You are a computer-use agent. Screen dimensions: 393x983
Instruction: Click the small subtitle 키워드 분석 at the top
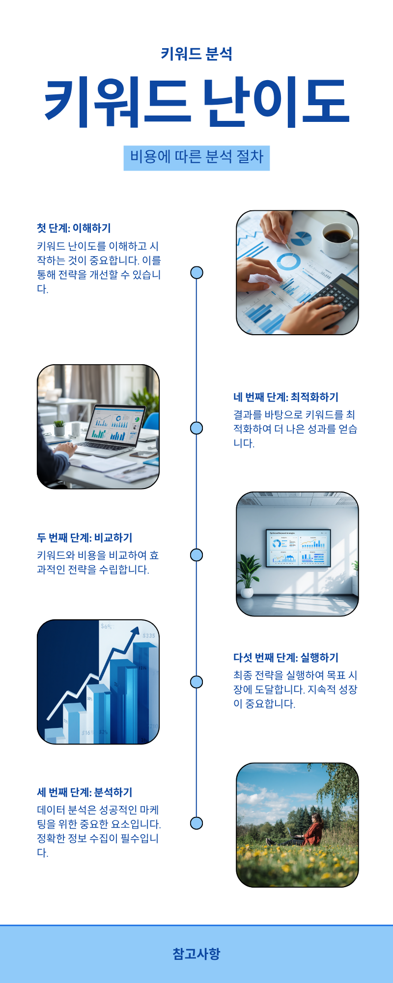pyautogui.click(x=196, y=54)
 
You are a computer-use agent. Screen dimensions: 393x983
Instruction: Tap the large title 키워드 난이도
pyautogui.click(x=196, y=102)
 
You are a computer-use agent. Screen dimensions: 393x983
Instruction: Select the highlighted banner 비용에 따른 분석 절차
pyautogui.click(x=196, y=158)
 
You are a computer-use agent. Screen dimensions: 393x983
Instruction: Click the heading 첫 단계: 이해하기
pyautogui.click(x=74, y=228)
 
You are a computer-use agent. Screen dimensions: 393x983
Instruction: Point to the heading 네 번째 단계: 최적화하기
pyautogui.click(x=286, y=397)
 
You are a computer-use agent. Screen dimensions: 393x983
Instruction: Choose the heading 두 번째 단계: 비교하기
pyautogui.click(x=85, y=538)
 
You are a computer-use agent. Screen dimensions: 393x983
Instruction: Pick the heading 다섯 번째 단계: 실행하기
pyautogui.click(x=286, y=658)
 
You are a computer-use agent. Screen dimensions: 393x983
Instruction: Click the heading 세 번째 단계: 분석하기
pyautogui.click(x=85, y=792)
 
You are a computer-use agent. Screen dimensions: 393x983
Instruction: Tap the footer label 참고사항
pyautogui.click(x=196, y=954)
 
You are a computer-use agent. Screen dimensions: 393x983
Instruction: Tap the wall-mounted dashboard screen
pyautogui.click(x=298, y=548)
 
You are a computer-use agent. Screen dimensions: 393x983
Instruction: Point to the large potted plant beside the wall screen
pyautogui.click(x=248, y=575)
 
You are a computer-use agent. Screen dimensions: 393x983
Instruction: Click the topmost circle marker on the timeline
pyautogui.click(x=196, y=273)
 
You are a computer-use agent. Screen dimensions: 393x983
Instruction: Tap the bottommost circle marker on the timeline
pyautogui.click(x=196, y=823)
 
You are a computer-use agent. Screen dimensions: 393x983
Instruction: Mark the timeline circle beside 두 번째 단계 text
pyautogui.click(x=196, y=555)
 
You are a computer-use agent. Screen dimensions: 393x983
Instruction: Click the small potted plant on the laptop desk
pyautogui.click(x=59, y=427)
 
